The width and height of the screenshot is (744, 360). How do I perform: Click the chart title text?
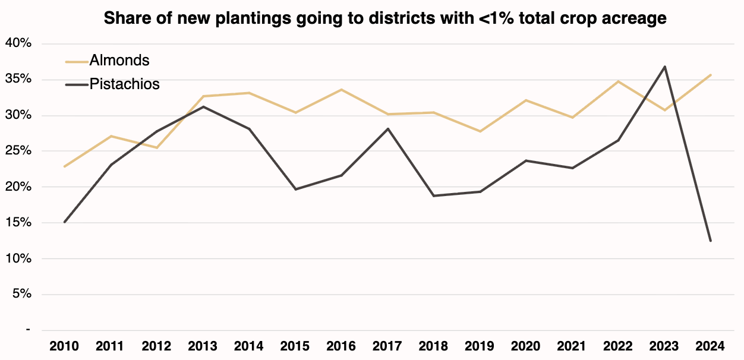pyautogui.click(x=385, y=18)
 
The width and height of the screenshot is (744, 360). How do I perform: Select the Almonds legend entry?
pyautogui.click(x=119, y=60)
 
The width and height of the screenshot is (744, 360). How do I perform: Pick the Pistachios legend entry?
pyautogui.click(x=124, y=84)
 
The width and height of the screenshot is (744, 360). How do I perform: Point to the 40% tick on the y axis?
pyautogui.click(x=19, y=44)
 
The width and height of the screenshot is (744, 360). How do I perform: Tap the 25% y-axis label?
pyautogui.click(x=19, y=151)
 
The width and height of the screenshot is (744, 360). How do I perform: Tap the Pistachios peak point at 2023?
pyautogui.click(x=664, y=67)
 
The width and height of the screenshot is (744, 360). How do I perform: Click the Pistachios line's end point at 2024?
pyautogui.click(x=711, y=241)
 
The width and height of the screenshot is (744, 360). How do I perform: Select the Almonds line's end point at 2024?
pyautogui.click(x=711, y=75)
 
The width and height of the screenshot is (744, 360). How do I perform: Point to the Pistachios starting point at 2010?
pyautogui.click(x=64, y=222)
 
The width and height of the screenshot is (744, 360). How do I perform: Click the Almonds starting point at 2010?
pyautogui.click(x=64, y=166)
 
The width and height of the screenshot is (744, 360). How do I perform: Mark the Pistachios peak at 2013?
pyautogui.click(x=203, y=107)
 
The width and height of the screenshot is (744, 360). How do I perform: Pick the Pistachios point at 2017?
pyautogui.click(x=387, y=129)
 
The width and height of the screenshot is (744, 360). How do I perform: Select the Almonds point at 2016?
pyautogui.click(x=341, y=90)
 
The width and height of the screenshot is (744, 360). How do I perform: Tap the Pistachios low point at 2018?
pyautogui.click(x=434, y=195)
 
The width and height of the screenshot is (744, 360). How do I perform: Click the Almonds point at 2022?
pyautogui.click(x=618, y=81)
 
